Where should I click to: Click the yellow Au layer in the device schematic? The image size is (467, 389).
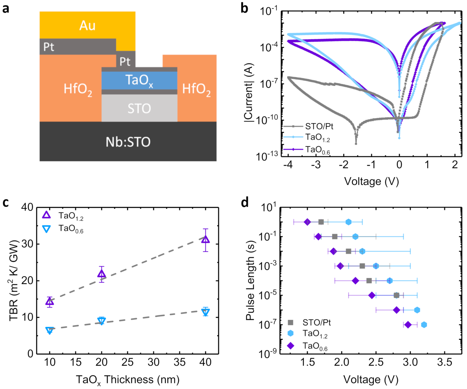[x=87, y=25]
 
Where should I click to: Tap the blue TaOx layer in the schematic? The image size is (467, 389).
[x=139, y=80]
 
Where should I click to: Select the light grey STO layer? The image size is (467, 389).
[x=139, y=108]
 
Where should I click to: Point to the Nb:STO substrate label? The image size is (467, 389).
[x=128, y=142]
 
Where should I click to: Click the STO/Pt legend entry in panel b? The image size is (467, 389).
[x=319, y=126]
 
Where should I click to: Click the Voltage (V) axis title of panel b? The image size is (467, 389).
[x=371, y=181]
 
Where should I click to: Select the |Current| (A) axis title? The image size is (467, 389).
[x=249, y=92]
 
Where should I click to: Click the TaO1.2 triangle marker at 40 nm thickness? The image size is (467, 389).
[x=205, y=240]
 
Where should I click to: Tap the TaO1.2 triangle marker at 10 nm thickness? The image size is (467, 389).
[x=49, y=302]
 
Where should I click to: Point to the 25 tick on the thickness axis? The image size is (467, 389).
[x=127, y=362]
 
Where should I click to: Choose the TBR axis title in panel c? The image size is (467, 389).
[x=14, y=280]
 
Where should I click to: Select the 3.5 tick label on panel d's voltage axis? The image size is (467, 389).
[x=444, y=362]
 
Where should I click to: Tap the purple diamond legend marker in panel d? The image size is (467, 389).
[x=291, y=345]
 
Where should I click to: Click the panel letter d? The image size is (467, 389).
[x=244, y=203]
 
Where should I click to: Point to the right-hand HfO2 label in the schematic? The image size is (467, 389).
[x=196, y=89]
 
